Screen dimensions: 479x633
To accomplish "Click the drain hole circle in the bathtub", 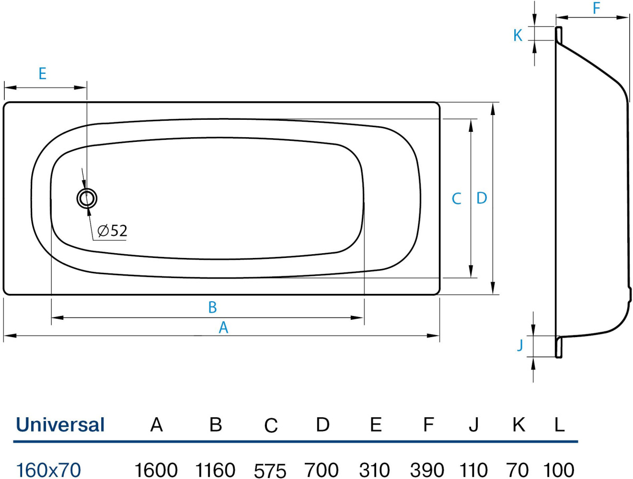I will point(87,198).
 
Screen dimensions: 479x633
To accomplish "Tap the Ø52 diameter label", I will point(112,231).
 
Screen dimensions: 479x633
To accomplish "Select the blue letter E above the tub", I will point(43,73).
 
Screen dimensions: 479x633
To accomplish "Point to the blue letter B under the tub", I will point(213,307).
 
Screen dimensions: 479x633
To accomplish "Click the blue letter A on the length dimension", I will point(223,328).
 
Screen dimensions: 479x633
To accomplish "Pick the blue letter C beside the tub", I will point(457,199).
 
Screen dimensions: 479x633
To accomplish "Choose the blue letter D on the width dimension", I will point(481,198).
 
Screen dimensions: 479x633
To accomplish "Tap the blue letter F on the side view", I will point(596,8).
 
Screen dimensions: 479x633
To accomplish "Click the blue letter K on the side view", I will point(518,35).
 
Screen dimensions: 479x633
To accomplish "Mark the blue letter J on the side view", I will point(520,346).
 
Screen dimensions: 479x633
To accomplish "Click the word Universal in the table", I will point(60,425).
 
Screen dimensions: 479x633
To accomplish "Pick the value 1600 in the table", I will point(156,469).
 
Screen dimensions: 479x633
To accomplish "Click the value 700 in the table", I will point(322,469).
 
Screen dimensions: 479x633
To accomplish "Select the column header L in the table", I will point(558,425).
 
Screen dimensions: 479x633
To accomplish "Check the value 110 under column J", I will point(474,469).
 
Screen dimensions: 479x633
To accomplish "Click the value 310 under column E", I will point(375,469).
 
